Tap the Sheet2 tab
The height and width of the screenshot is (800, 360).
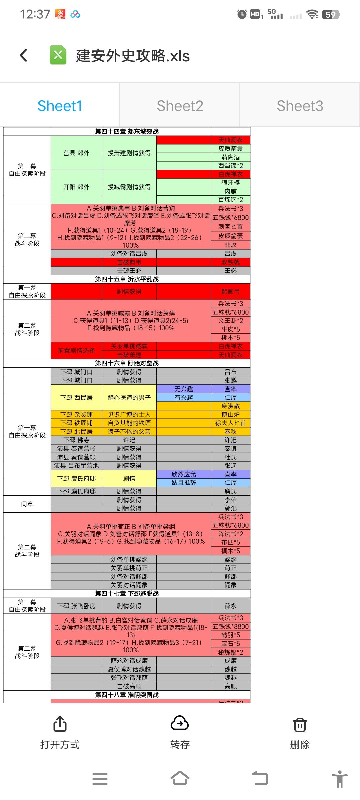pos(180,106)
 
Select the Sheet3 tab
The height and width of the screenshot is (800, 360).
pos(300,106)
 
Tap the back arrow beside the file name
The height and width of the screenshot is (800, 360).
pos(24,55)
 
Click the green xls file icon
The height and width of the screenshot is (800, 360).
pos(58,55)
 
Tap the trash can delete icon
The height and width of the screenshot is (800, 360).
pos(300,725)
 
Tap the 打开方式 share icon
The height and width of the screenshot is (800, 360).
pos(60,724)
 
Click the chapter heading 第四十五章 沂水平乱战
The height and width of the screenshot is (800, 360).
pos(127,279)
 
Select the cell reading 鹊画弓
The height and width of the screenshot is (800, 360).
pos(230,292)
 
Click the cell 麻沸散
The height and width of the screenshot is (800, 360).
pos(230,406)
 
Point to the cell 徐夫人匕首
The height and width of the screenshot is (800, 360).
pos(230,423)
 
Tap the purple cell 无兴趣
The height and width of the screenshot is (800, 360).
pos(184,389)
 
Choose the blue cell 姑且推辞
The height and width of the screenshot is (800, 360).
pos(184,483)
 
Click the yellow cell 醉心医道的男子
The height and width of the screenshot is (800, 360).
pos(129,398)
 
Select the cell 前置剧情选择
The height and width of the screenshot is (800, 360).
pos(76,351)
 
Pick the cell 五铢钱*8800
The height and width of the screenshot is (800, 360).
pos(230,627)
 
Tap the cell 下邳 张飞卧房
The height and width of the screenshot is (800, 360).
pos(76,606)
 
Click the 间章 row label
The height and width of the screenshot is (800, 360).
pos(27,504)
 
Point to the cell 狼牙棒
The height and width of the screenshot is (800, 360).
pos(230,183)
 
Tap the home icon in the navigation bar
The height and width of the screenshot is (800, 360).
pos(180,778)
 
